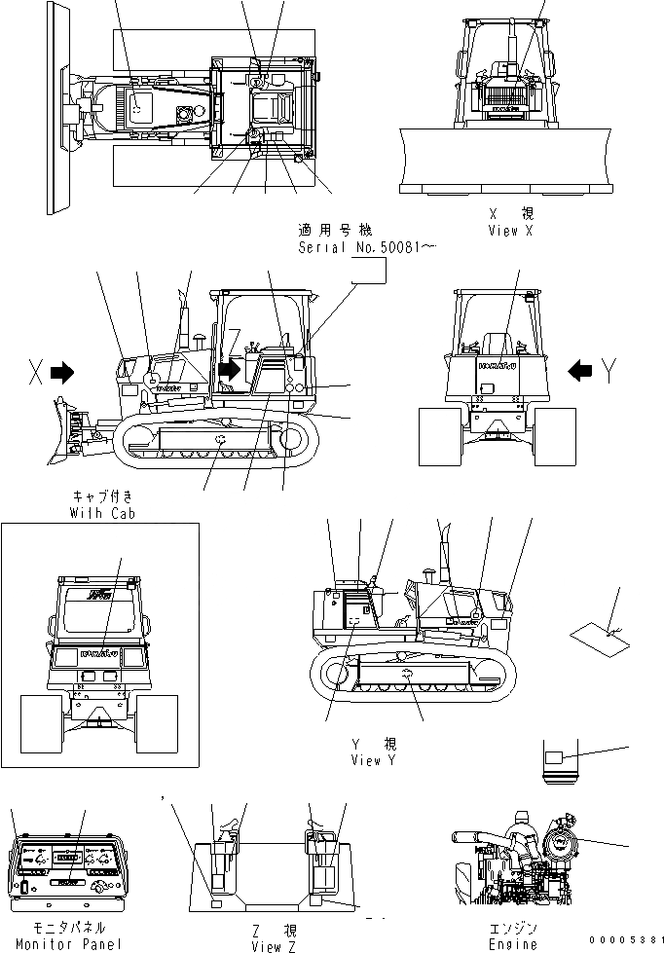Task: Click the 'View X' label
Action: click(x=511, y=230)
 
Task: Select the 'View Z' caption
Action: click(x=267, y=945)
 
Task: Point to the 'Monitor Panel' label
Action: click(x=69, y=943)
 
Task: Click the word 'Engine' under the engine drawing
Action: click(x=512, y=943)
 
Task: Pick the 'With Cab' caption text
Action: click(x=102, y=512)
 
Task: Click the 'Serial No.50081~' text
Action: click(x=367, y=248)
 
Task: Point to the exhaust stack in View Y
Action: click(x=450, y=555)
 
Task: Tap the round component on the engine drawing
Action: click(x=562, y=838)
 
